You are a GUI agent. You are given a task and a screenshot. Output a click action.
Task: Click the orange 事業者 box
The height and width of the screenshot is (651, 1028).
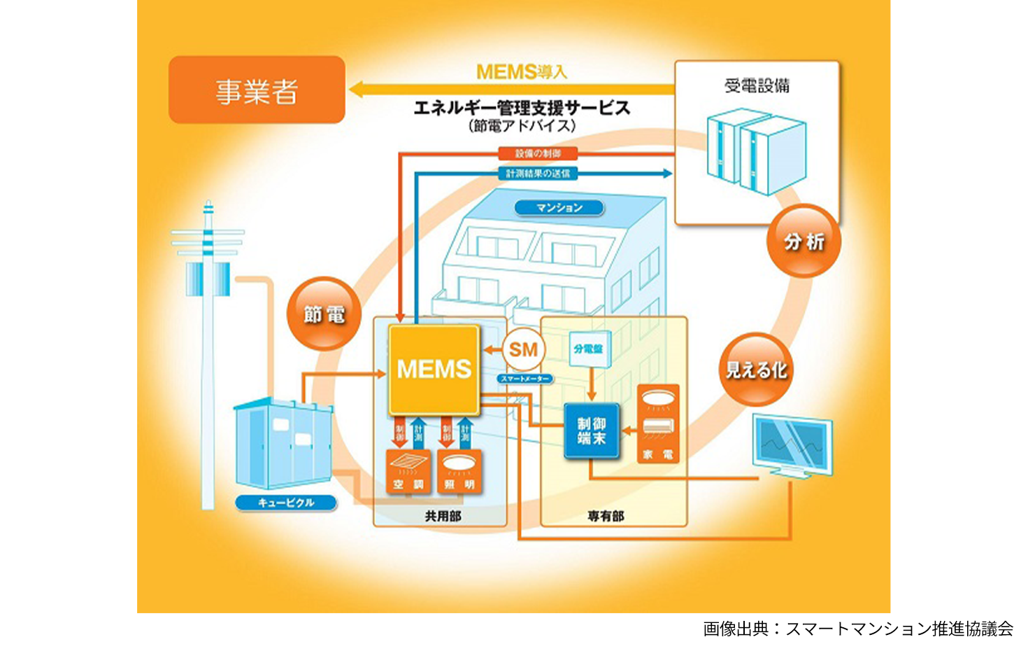[x=257, y=90]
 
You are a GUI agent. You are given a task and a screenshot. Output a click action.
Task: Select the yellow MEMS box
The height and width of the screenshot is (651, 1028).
[x=434, y=370]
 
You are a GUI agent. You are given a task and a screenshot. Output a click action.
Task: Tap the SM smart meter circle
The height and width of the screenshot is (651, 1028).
[x=523, y=349]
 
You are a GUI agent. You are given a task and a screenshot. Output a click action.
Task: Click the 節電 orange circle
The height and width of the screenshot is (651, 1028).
[x=324, y=314]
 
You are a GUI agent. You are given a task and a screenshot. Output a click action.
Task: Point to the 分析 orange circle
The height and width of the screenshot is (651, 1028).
[x=804, y=241]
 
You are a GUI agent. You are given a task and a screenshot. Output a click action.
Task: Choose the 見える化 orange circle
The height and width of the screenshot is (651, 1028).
[x=756, y=370]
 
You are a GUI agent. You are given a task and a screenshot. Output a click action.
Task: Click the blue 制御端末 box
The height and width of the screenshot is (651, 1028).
[x=592, y=431]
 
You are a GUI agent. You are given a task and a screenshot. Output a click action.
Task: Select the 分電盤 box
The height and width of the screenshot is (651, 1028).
[x=589, y=349]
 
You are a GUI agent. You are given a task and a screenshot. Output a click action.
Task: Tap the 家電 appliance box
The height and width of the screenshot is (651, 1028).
[x=658, y=423]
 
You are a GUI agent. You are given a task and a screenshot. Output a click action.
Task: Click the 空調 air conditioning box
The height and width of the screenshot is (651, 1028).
[x=408, y=471]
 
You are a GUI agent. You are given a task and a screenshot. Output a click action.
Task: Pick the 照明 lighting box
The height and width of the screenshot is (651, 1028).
[x=459, y=471]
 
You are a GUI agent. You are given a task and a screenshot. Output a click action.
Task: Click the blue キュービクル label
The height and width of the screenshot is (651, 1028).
[x=286, y=503]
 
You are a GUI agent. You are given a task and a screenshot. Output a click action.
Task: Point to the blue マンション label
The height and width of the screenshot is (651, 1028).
[x=559, y=208]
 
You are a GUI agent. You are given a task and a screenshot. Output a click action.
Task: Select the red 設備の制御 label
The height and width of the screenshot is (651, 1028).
[x=538, y=153]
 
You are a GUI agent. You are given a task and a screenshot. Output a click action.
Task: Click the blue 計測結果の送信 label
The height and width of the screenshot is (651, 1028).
[x=538, y=173]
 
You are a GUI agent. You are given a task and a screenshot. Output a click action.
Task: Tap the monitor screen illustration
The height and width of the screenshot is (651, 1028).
[x=792, y=444]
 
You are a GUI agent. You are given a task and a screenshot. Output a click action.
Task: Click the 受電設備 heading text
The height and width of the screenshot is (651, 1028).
[x=757, y=86]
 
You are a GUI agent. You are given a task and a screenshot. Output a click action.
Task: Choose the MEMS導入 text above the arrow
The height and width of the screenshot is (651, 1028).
[x=521, y=71]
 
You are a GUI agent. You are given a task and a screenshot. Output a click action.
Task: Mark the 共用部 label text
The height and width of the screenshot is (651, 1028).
[x=443, y=516]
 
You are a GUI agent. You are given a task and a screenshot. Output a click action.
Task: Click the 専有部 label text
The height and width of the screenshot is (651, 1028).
[x=606, y=516]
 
